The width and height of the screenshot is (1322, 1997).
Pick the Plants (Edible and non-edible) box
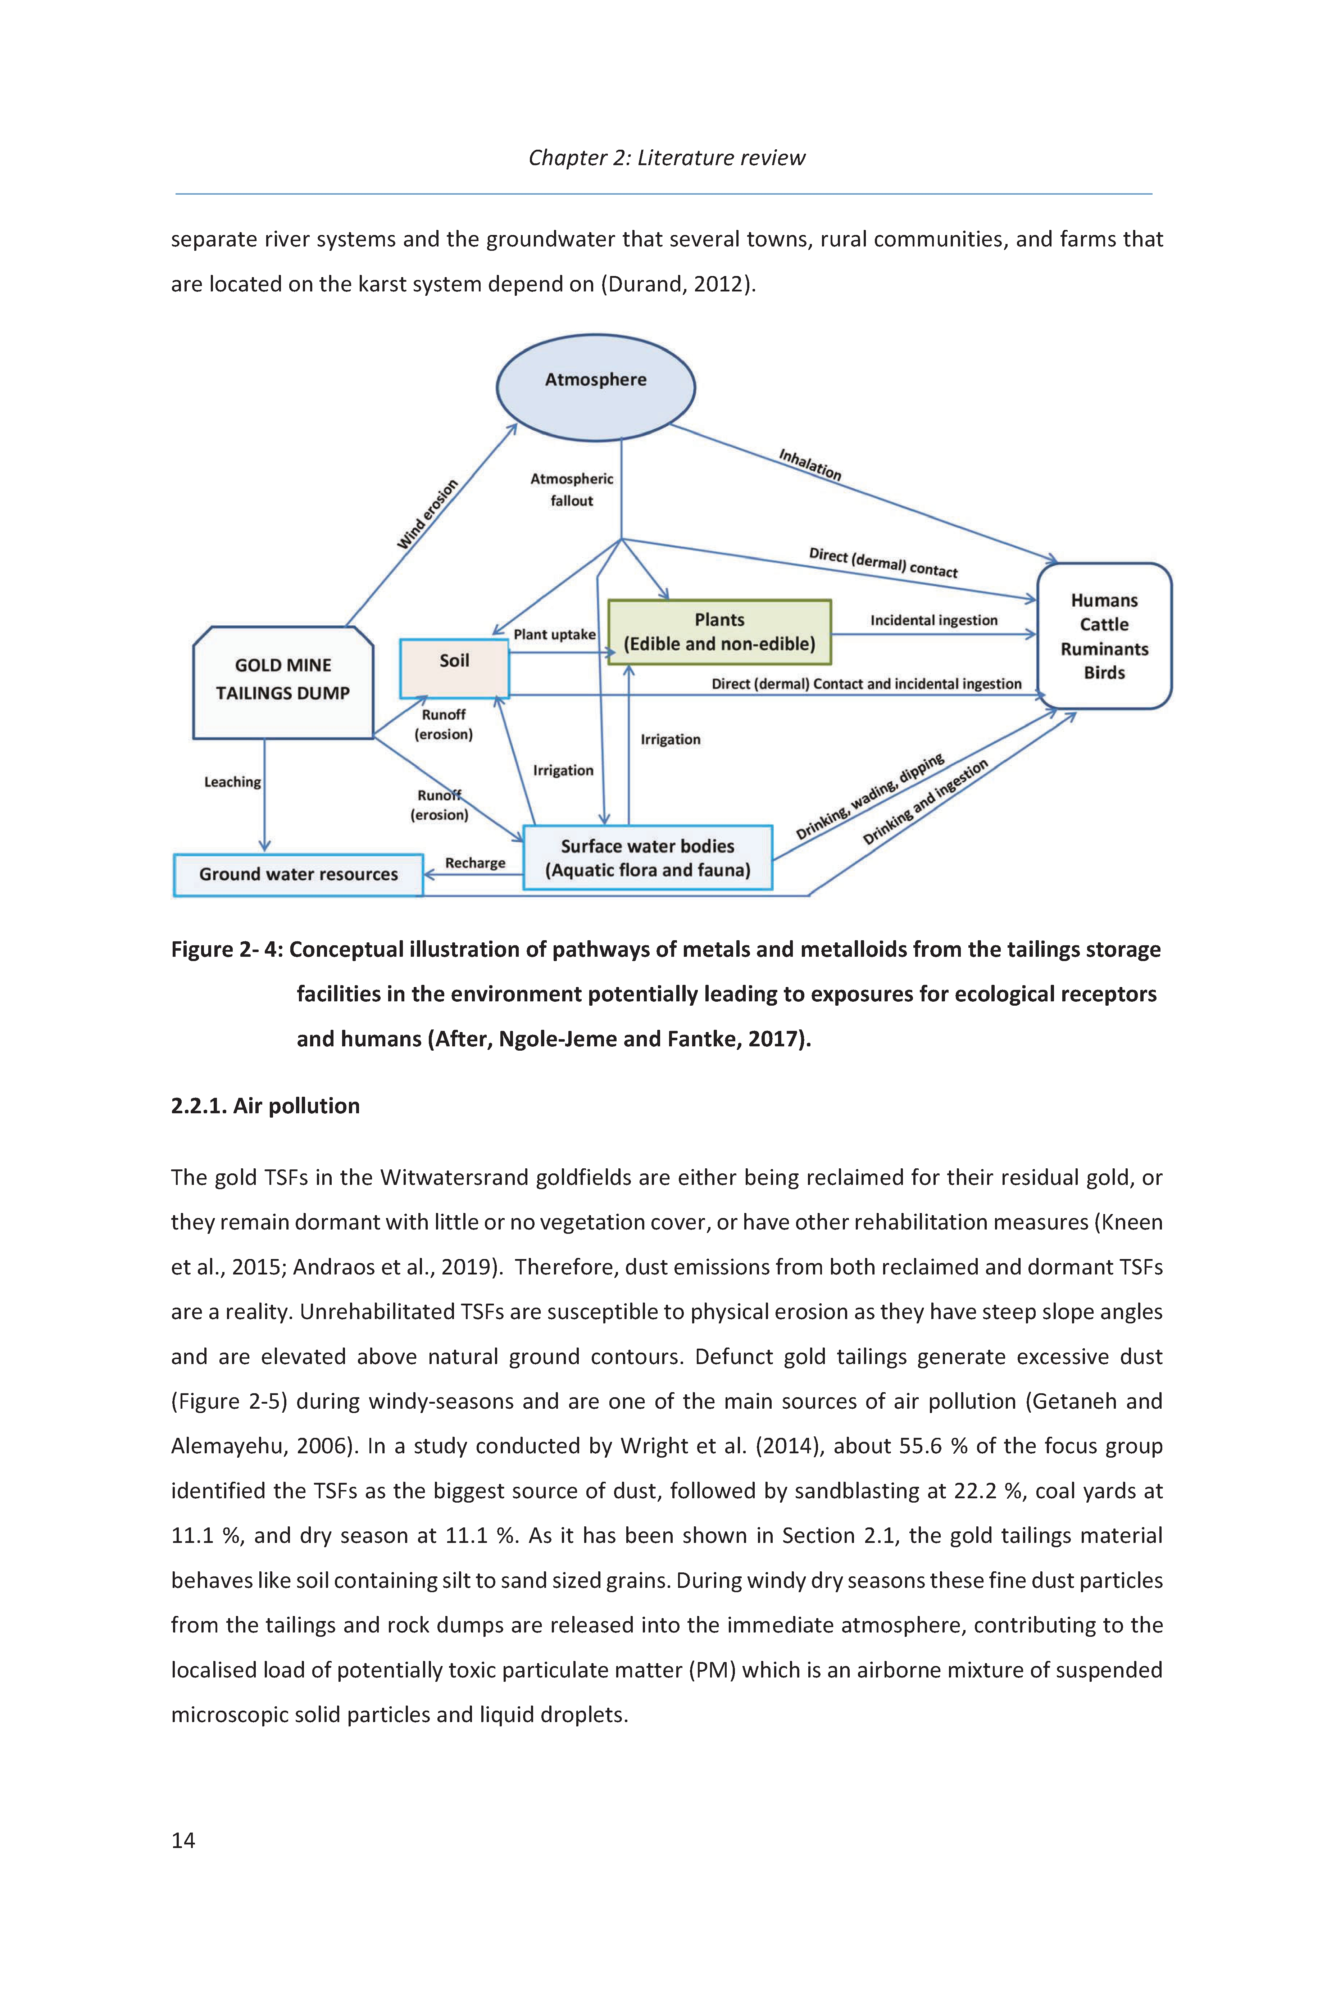point(719,631)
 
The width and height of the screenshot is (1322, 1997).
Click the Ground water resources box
point(299,874)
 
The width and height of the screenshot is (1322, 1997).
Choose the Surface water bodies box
point(648,858)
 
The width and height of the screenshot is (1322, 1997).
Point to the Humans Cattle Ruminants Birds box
point(1104,636)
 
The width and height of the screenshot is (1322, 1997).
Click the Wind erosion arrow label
point(427,515)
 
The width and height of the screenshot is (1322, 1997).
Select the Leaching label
point(233,782)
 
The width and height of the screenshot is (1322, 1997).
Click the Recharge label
point(476,863)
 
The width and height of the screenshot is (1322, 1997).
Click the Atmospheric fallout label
point(572,489)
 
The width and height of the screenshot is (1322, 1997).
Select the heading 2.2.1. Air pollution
point(265,1106)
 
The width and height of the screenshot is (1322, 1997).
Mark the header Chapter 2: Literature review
point(667,158)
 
